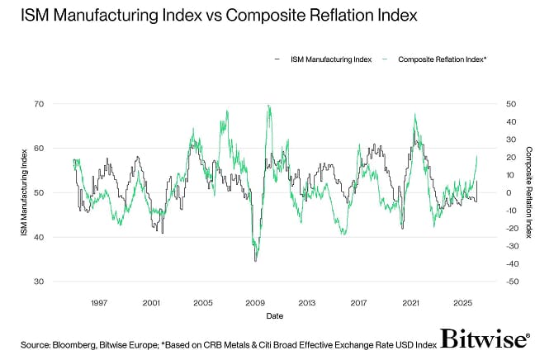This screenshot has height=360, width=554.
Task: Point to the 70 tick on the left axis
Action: click(x=37, y=104)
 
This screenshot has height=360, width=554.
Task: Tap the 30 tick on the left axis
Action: click(x=37, y=282)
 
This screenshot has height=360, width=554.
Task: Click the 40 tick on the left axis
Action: click(x=37, y=237)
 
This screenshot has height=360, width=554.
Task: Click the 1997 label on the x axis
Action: click(x=98, y=303)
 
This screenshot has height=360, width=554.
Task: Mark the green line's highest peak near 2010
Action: click(x=268, y=105)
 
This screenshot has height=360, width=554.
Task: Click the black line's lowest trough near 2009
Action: click(x=255, y=261)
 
